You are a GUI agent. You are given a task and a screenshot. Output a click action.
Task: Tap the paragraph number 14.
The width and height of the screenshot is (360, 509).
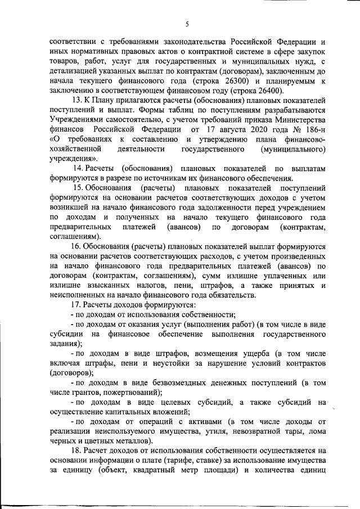pos(80,169)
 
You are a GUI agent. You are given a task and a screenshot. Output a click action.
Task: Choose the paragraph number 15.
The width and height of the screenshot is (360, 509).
pos(80,188)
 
